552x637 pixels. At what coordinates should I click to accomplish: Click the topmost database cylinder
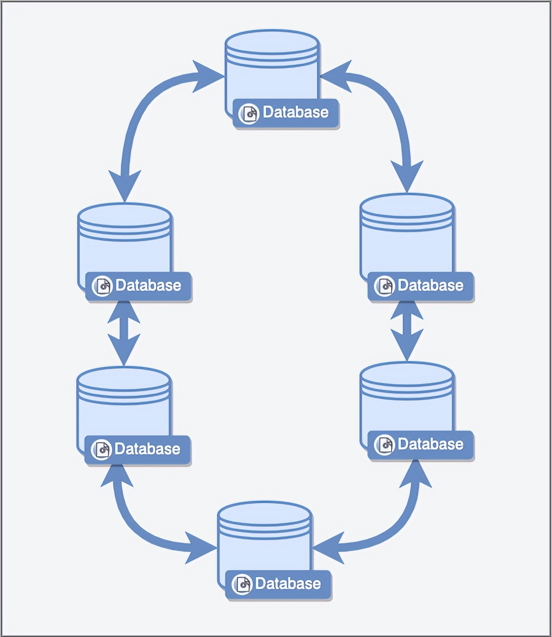click(272, 67)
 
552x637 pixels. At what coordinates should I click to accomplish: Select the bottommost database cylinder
click(264, 539)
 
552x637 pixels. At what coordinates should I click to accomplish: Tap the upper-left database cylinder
click(124, 241)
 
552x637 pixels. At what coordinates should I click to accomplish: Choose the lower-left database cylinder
click(123, 404)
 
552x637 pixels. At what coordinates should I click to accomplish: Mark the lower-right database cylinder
click(407, 399)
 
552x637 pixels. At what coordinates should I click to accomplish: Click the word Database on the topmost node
click(295, 113)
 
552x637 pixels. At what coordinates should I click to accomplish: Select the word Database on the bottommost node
click(288, 584)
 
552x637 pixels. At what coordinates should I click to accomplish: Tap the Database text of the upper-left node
click(148, 286)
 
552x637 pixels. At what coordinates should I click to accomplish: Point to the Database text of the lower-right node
click(430, 445)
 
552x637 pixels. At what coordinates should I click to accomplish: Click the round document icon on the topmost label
click(249, 114)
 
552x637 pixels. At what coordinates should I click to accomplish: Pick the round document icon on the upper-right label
click(384, 287)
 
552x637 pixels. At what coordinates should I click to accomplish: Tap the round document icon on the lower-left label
click(101, 450)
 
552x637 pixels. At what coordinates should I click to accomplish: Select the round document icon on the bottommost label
click(242, 585)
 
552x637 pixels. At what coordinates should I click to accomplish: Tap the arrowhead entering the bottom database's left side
click(200, 548)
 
